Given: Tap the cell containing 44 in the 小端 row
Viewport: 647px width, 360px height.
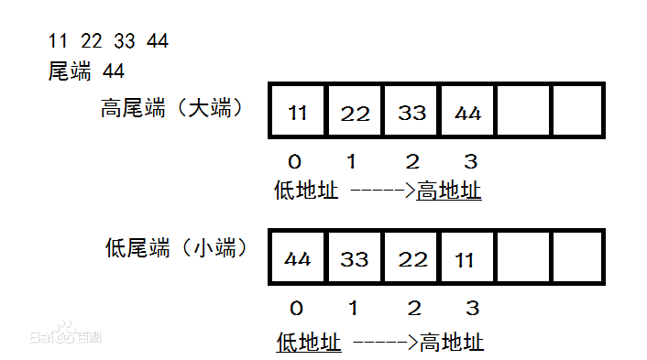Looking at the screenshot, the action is coord(297,259).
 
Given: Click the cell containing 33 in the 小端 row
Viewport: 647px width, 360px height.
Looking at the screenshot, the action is coord(356,259).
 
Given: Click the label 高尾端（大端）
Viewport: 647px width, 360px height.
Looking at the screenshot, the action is coord(171,108).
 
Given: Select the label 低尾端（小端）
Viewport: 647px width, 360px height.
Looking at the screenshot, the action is coord(178,246).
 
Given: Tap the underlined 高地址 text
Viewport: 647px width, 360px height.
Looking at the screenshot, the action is coord(449,191).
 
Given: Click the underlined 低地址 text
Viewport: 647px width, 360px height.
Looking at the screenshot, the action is coord(309,343).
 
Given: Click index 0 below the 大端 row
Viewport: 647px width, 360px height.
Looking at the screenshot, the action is coord(294,162).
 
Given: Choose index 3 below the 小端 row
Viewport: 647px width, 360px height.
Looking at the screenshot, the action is coord(470,308).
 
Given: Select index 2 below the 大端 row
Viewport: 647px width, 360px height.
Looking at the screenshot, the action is coord(412,162).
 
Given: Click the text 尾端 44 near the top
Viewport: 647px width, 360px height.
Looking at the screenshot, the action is coord(86,71).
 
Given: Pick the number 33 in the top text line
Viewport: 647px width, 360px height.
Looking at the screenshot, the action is coord(126,41).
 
